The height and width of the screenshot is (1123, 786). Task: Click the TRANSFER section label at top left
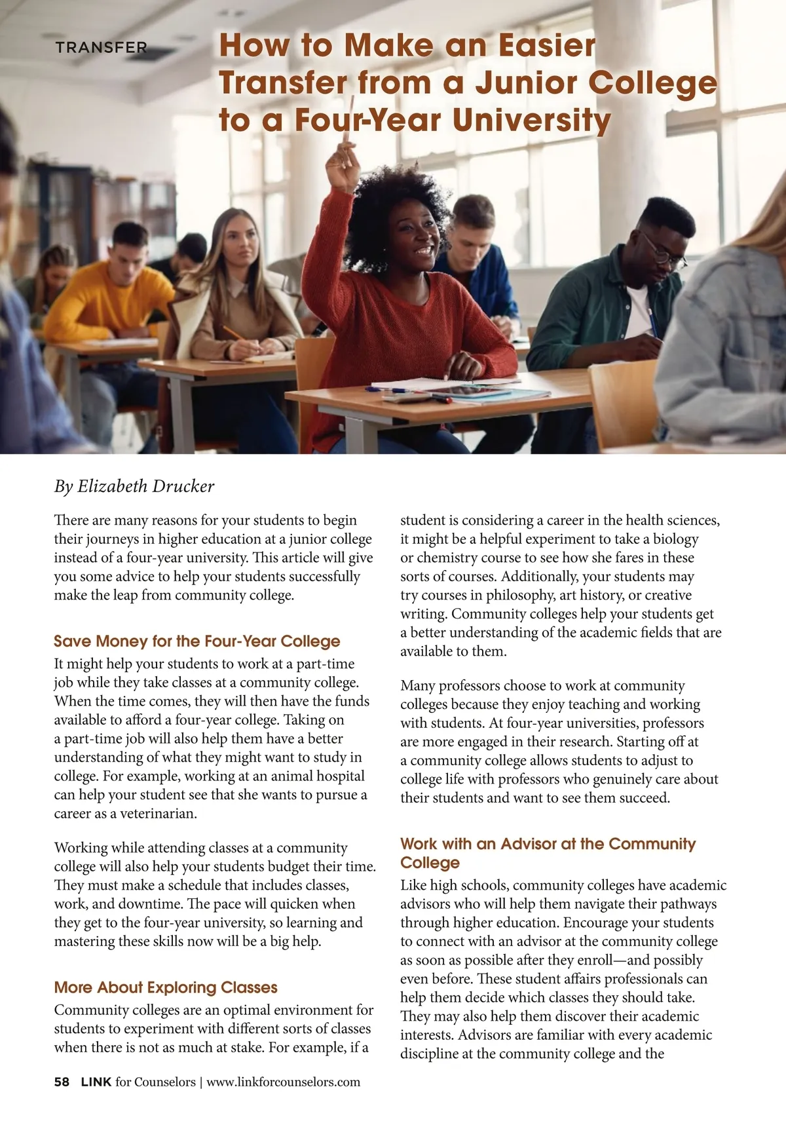(101, 48)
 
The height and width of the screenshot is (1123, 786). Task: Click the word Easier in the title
(547, 46)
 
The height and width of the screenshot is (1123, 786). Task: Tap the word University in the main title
(531, 121)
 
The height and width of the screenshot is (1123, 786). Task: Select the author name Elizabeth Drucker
(145, 486)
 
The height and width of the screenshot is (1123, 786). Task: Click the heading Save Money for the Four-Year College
(197, 641)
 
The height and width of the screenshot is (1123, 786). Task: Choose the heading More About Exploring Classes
(166, 987)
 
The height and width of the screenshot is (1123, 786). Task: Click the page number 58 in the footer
(62, 1082)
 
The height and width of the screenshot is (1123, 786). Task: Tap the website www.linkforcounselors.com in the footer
(283, 1082)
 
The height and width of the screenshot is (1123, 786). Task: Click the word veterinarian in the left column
(158, 814)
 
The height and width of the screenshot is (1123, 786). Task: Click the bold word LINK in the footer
(96, 1082)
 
